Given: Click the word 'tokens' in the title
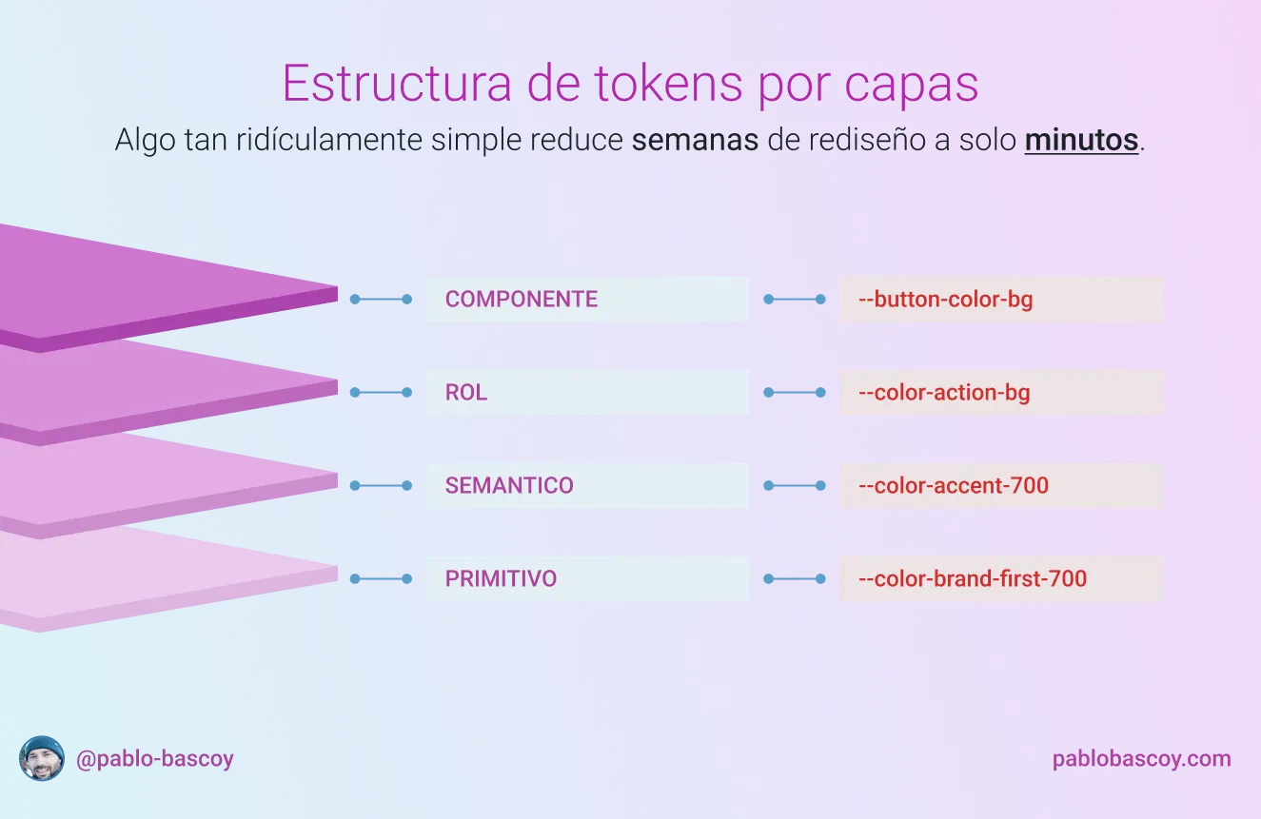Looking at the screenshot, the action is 668,84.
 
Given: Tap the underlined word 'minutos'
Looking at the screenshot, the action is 1081,140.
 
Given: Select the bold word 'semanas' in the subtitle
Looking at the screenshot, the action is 695,140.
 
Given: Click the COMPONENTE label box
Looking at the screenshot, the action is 587,299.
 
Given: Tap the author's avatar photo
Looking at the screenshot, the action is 42,758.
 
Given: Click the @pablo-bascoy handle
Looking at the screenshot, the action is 155,759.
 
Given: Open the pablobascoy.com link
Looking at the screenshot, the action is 1142,759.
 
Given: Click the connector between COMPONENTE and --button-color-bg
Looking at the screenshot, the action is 795,300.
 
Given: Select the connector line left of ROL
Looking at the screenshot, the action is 381,392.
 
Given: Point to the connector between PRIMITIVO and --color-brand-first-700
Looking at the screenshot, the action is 795,578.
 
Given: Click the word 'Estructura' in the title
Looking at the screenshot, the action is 398,84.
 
